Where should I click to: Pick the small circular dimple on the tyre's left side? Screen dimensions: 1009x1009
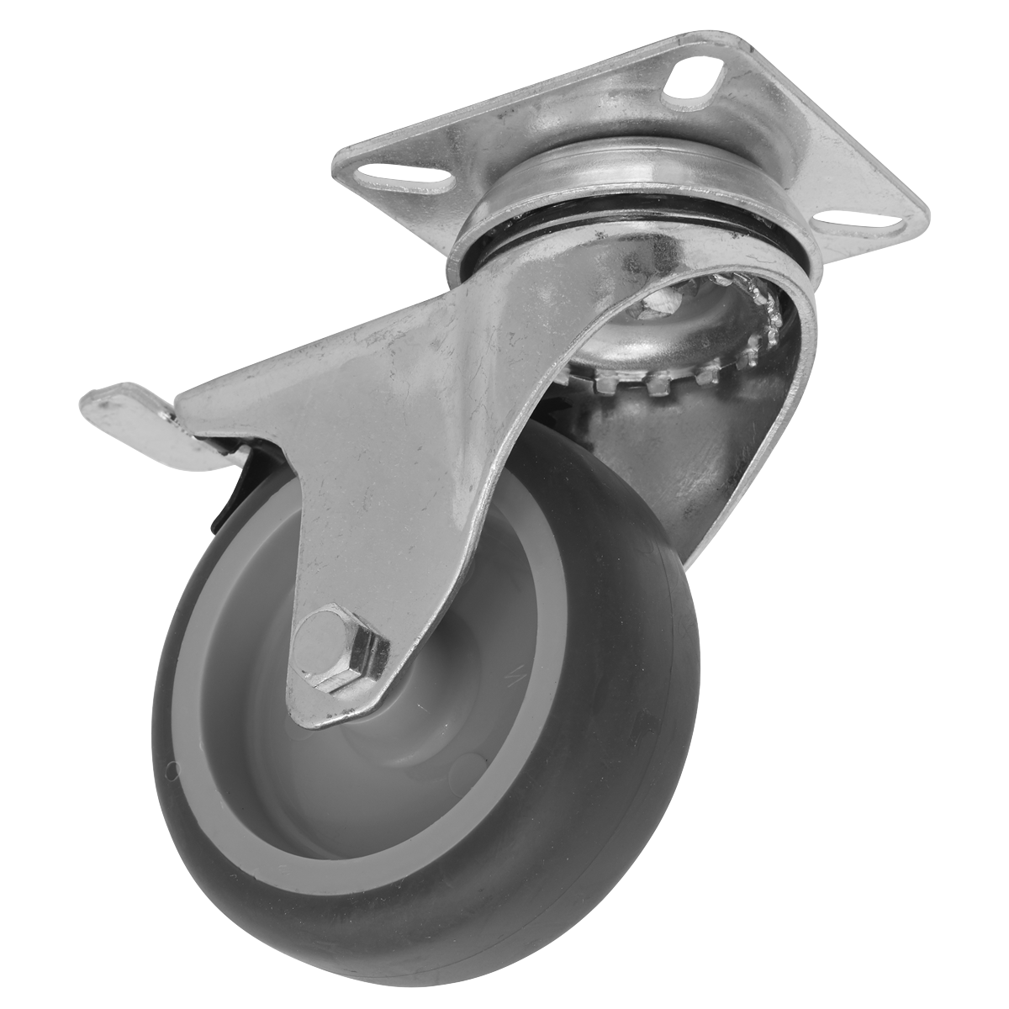172,767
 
